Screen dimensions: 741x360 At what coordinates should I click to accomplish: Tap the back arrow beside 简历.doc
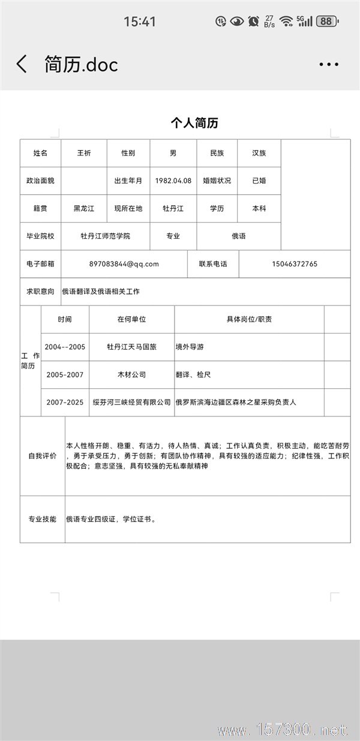(x=22, y=64)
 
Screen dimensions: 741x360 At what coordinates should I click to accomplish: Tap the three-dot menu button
(x=329, y=64)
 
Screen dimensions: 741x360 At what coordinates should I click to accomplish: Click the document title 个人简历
(x=194, y=123)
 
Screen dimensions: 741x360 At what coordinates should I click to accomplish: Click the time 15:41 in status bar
(x=140, y=22)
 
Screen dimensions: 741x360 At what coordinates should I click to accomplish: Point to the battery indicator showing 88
(x=326, y=22)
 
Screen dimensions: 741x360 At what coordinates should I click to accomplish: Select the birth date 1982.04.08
(x=173, y=181)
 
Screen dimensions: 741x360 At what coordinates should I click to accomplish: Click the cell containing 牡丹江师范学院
(x=105, y=236)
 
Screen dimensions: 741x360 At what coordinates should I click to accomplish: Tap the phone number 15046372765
(x=294, y=264)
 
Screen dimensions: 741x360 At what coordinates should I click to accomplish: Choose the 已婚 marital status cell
(x=259, y=181)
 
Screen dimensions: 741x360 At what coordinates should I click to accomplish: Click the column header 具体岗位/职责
(x=249, y=319)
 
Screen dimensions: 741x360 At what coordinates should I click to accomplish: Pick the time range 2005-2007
(x=65, y=374)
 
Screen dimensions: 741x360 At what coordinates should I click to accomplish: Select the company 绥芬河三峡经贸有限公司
(x=131, y=402)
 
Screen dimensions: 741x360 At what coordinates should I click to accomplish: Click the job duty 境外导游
(x=190, y=347)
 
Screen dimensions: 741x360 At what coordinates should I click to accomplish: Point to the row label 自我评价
(x=42, y=456)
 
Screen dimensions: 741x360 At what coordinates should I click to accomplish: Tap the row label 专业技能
(x=42, y=519)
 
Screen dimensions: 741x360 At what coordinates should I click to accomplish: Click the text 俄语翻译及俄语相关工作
(x=101, y=292)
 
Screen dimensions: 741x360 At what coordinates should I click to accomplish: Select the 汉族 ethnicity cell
(x=259, y=153)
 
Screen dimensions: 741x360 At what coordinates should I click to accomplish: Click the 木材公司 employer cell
(x=131, y=374)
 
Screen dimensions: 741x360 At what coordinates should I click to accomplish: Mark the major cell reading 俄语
(x=238, y=236)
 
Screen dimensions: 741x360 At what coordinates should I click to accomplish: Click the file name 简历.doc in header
(x=81, y=64)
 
